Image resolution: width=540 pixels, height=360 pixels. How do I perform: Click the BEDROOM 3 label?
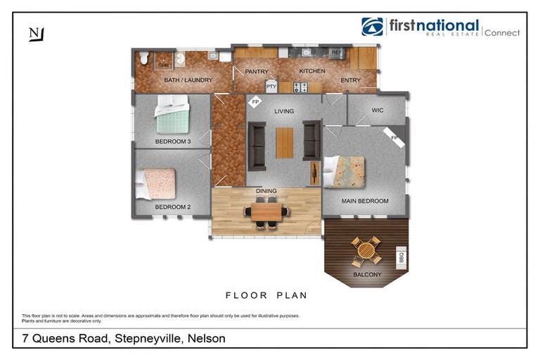(173, 141)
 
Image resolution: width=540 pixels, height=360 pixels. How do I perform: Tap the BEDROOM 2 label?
(173, 207)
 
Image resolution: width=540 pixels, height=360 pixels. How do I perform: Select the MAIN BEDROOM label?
(365, 201)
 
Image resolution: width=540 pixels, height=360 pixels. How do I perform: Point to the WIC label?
(377, 110)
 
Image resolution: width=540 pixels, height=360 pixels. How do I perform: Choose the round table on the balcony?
(366, 249)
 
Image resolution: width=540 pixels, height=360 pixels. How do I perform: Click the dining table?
(266, 210)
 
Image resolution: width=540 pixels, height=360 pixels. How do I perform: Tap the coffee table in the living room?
(284, 143)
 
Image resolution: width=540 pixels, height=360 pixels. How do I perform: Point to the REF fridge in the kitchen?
(335, 53)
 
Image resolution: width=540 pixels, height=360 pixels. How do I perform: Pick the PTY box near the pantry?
(271, 86)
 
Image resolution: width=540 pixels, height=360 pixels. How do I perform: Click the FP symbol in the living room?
(255, 102)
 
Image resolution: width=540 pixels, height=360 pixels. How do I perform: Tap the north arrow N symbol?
(35, 33)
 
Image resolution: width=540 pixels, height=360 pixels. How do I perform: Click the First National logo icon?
(373, 27)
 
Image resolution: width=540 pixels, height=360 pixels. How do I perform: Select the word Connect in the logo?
(502, 32)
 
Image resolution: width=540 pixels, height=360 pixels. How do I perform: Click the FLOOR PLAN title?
(266, 295)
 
